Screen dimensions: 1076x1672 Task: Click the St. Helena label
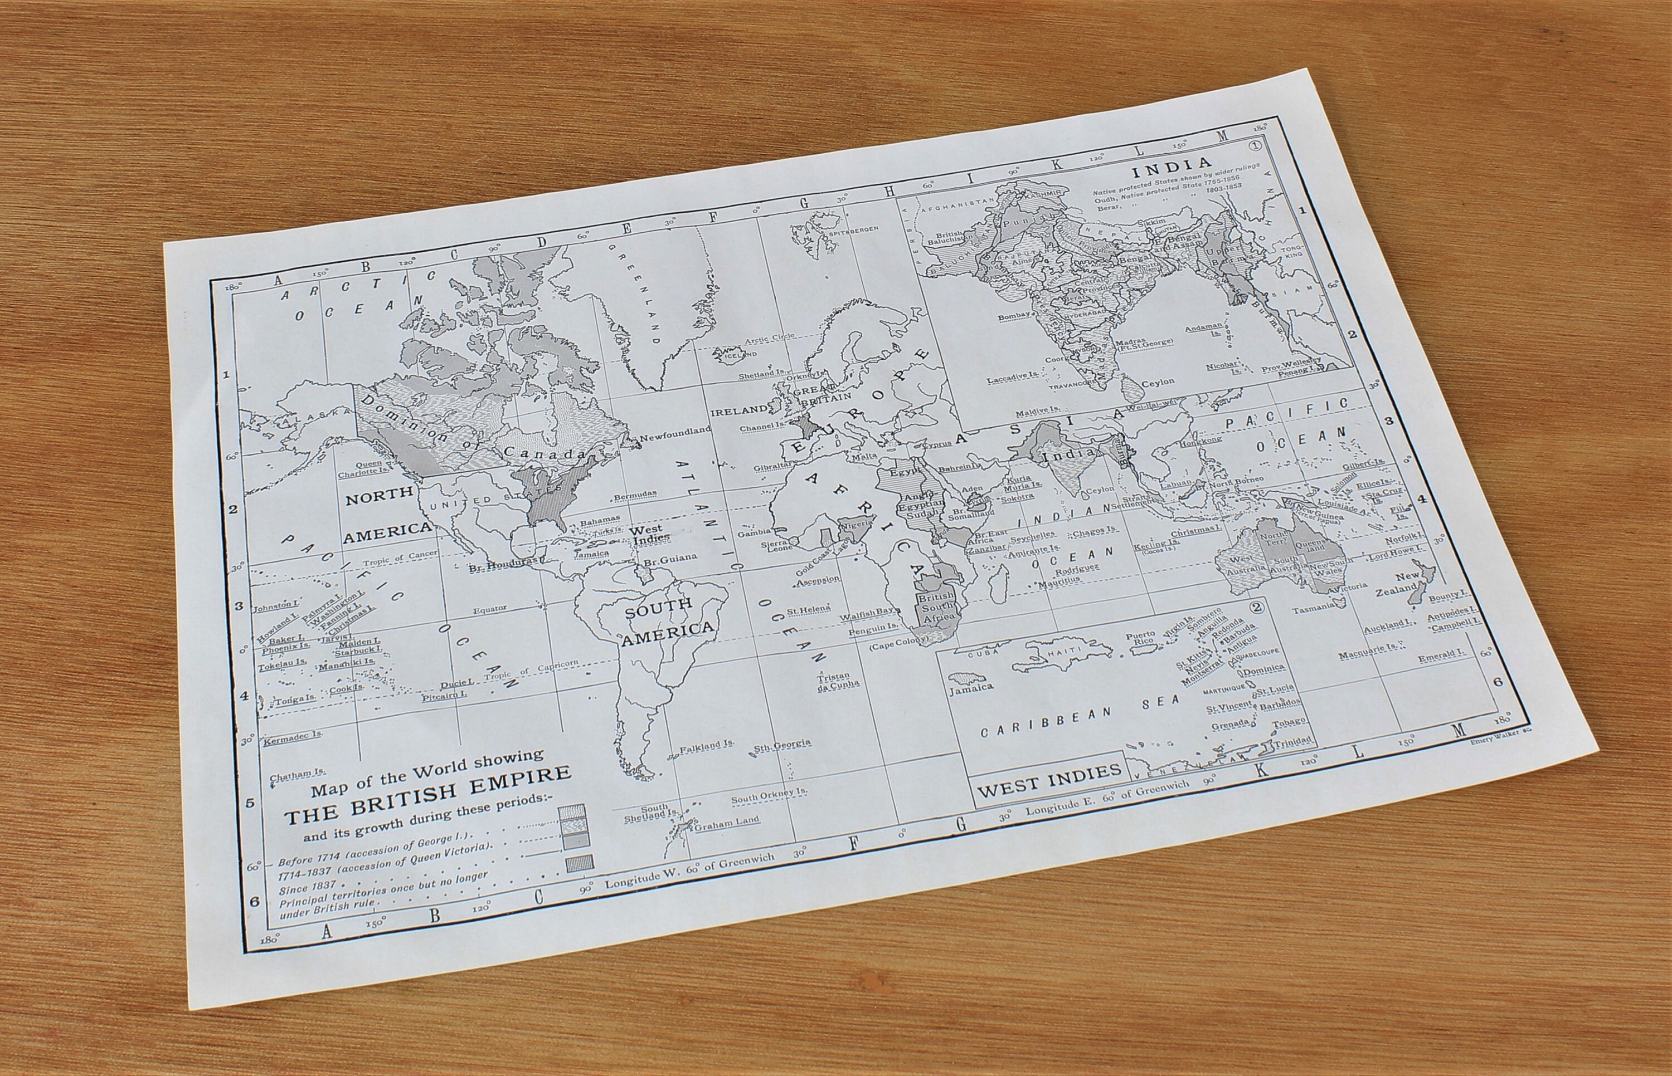809,610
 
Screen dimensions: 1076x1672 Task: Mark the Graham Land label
726,821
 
